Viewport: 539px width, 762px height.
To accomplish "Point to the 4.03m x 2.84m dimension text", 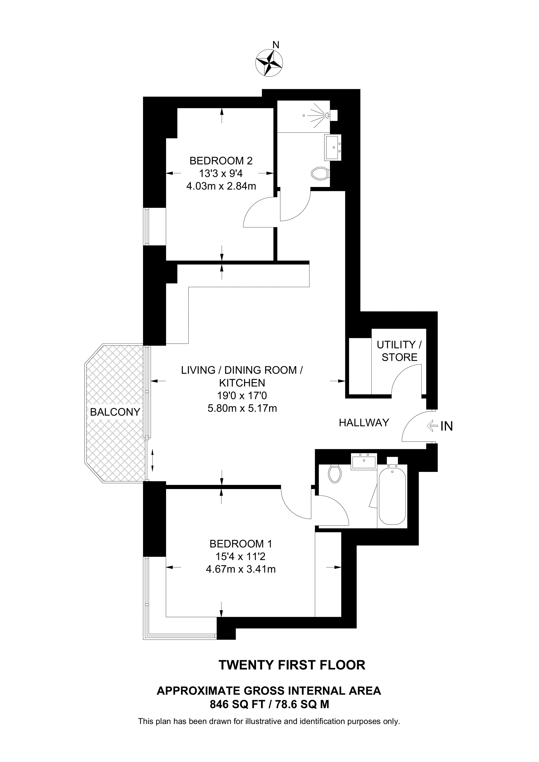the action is [x=221, y=186].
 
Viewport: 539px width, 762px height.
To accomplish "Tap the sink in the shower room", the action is [x=333, y=147].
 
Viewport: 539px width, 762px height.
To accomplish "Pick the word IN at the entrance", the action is [x=446, y=426].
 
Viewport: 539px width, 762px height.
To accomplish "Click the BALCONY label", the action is [x=115, y=412].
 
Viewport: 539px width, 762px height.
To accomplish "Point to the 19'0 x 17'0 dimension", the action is [x=242, y=396].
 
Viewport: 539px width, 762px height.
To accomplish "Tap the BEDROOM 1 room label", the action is [x=241, y=544].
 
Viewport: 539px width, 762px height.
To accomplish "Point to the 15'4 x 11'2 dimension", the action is [x=241, y=557].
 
